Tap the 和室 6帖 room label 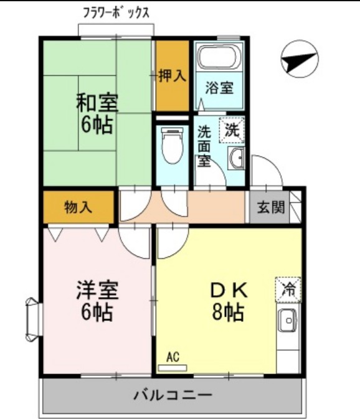pos(97,113)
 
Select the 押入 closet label pos(171,76)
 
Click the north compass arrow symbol pos(298,59)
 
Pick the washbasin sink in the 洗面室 pos(236,159)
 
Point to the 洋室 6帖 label pos(97,300)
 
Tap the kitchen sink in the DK pos(288,321)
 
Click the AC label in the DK pos(173,357)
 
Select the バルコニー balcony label pos(173,395)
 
